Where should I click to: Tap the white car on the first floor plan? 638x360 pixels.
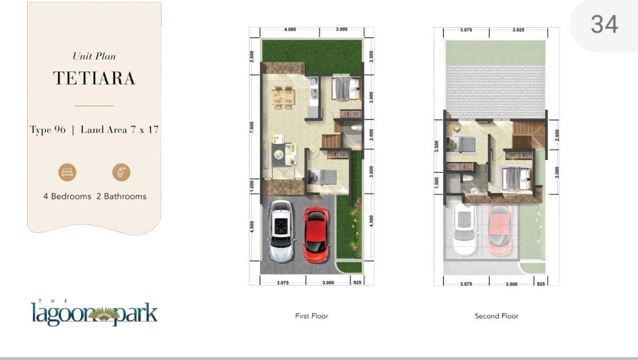[281, 231]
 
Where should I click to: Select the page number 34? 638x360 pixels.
[605, 24]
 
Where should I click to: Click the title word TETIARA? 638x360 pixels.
[94, 79]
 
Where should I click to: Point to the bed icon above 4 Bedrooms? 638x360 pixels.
[67, 172]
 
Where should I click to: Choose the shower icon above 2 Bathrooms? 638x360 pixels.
[121, 172]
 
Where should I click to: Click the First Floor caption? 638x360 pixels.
[312, 316]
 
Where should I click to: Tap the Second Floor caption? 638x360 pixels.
[497, 316]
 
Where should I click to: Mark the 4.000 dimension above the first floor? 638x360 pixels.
[290, 30]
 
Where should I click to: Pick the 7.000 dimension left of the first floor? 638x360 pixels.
[252, 127]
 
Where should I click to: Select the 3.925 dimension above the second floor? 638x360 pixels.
[519, 30]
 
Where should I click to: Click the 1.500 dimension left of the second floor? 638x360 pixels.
[436, 182]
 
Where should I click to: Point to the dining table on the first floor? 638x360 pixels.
[283, 98]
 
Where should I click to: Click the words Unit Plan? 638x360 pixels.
[94, 56]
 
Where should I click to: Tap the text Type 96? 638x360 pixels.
[48, 130]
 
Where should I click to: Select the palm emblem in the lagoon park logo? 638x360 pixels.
[103, 314]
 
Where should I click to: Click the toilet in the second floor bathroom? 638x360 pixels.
[467, 179]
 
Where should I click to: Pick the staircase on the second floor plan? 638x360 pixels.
[528, 135]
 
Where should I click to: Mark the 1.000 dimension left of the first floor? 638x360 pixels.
[252, 186]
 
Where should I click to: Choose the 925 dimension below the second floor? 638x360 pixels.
[541, 284]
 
